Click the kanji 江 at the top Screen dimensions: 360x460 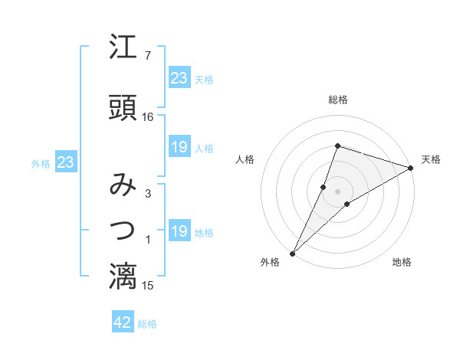(123, 47)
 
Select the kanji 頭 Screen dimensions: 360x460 (123, 108)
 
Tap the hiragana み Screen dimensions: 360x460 (123, 185)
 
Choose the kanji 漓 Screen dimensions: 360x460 (123, 277)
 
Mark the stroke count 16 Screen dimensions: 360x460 (148, 116)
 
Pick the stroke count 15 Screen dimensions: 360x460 (148, 286)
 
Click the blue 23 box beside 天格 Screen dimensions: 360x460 (179, 78)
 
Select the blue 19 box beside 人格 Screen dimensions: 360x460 (179, 148)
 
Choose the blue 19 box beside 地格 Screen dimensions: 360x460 (179, 232)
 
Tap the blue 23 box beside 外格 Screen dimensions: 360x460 (65, 162)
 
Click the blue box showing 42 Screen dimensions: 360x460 (123, 323)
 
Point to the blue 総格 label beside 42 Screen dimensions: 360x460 (147, 324)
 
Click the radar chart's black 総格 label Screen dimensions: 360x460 (338, 100)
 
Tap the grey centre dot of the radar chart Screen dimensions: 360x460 (338, 191)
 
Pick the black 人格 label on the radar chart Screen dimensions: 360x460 (245, 159)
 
